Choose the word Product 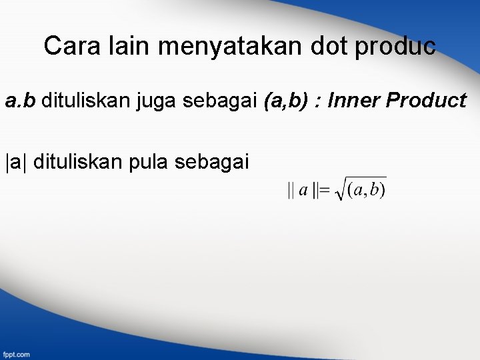pyautogui.click(x=426, y=101)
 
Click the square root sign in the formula pyautogui.click(x=340, y=189)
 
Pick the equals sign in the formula pyautogui.click(x=324, y=191)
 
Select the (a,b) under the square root pyautogui.click(x=366, y=191)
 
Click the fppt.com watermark pyautogui.click(x=15, y=354)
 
